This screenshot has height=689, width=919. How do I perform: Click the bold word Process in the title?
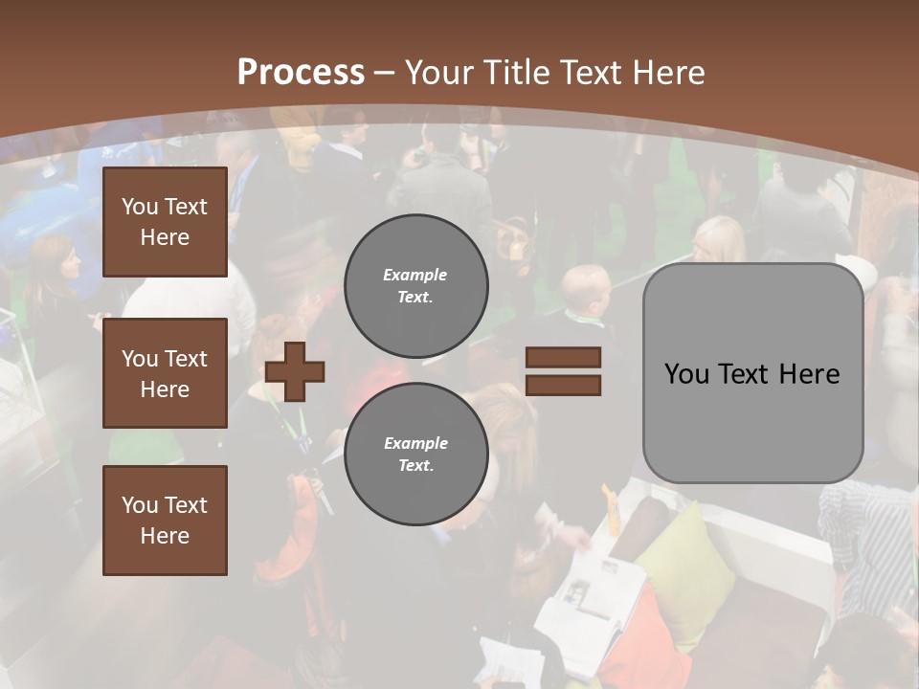pyautogui.click(x=301, y=72)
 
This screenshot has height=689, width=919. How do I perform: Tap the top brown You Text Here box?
pyautogui.click(x=165, y=222)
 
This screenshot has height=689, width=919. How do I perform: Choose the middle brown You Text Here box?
pyautogui.click(x=165, y=373)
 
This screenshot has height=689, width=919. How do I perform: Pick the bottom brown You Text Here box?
pyautogui.click(x=165, y=521)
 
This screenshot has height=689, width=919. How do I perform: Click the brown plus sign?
pyautogui.click(x=295, y=370)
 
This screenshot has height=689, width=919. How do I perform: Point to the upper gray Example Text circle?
pyautogui.click(x=415, y=286)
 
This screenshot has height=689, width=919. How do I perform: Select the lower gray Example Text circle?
pyautogui.click(x=415, y=455)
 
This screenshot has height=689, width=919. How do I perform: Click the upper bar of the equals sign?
pyautogui.click(x=563, y=358)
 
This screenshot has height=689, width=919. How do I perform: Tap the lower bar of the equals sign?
pyautogui.click(x=563, y=385)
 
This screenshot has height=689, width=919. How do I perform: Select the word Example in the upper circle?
pyautogui.click(x=415, y=275)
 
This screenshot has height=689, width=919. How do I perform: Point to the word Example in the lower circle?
pyautogui.click(x=415, y=443)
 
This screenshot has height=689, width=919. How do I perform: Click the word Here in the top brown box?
pyautogui.click(x=165, y=237)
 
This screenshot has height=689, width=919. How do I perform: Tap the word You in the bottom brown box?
pyautogui.click(x=140, y=505)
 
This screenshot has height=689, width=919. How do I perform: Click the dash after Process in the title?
pyautogui.click(x=385, y=73)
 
